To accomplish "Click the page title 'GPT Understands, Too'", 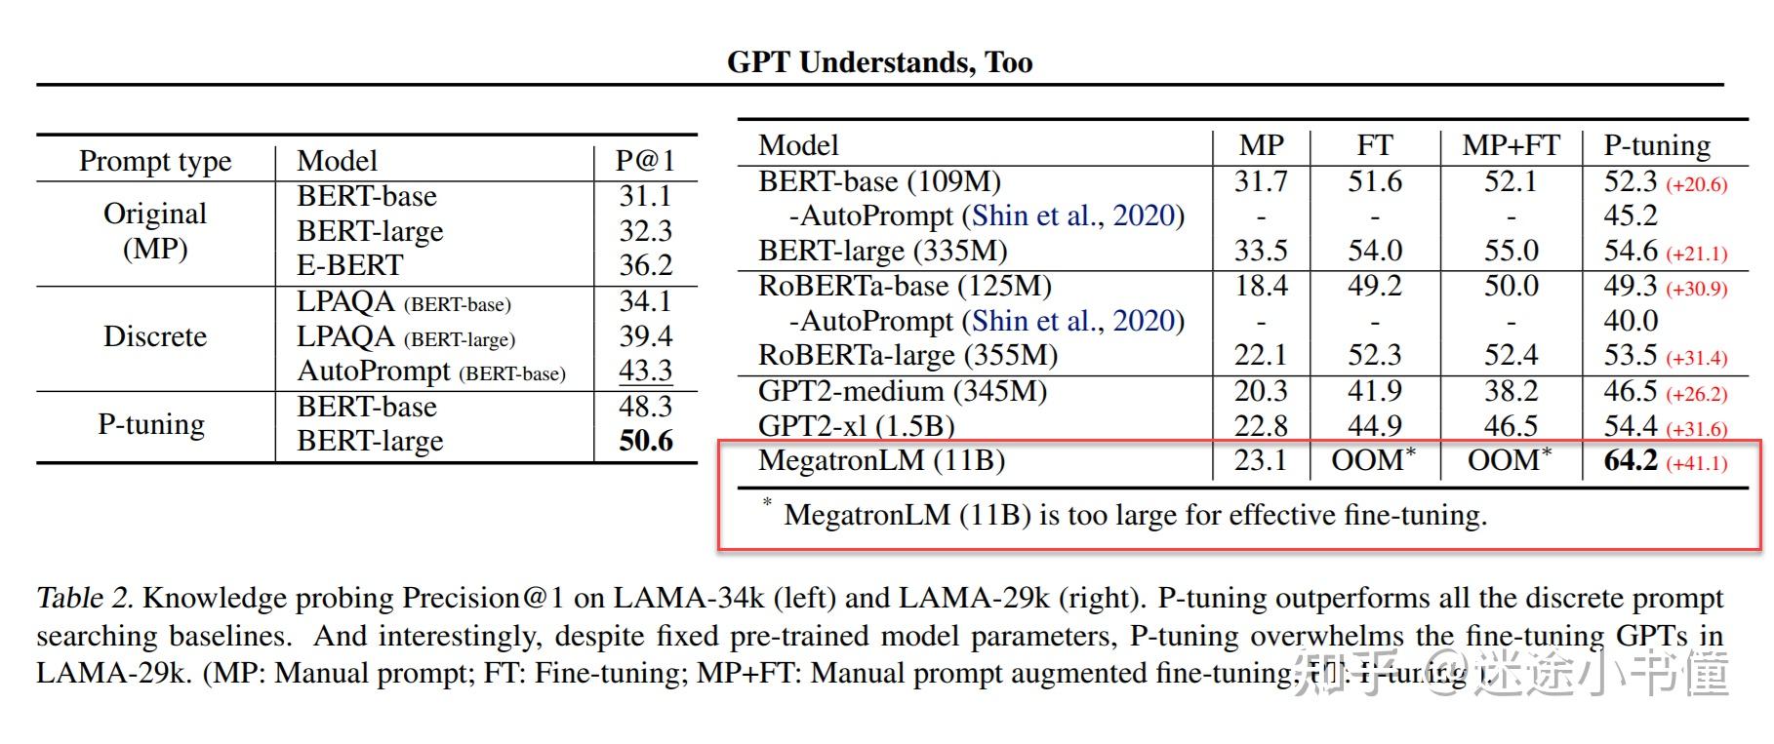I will [x=879, y=62].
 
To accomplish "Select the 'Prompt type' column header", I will [x=155, y=161].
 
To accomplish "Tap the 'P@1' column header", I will [x=645, y=161].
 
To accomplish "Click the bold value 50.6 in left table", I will [x=646, y=441].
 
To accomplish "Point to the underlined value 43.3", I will [x=646, y=371].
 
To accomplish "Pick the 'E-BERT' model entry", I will [x=349, y=265].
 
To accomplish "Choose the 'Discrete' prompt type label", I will [x=155, y=336].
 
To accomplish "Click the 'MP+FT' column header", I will [x=1511, y=145].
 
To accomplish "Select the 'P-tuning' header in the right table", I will [x=1657, y=145].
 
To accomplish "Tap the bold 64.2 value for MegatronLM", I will [x=1631, y=460].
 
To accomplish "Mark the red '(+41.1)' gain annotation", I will [x=1697, y=463].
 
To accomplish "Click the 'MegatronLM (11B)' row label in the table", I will [x=881, y=460].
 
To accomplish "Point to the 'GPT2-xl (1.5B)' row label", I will [x=856, y=426].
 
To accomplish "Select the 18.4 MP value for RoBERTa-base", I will [x=1261, y=286].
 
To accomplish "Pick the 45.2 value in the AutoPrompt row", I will [x=1631, y=215].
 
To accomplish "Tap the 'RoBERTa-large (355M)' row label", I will [x=907, y=355].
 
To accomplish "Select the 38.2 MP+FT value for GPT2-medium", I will [x=1511, y=391].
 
